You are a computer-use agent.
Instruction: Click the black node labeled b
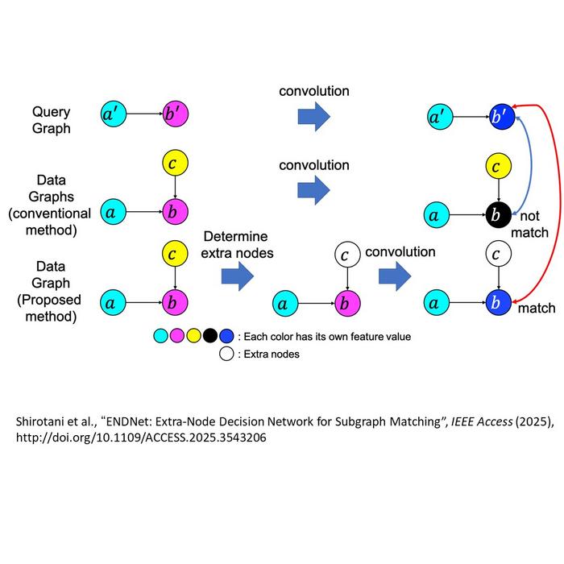[499, 215]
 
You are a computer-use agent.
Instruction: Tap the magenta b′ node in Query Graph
[175, 114]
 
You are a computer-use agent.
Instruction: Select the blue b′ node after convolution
[502, 117]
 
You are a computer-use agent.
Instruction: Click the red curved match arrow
[558, 201]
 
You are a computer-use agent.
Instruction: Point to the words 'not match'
[529, 224]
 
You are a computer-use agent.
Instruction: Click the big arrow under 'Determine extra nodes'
[238, 276]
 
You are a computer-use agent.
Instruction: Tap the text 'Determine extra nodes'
[237, 245]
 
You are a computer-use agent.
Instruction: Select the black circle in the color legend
[210, 336]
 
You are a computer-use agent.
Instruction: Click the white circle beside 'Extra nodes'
[226, 354]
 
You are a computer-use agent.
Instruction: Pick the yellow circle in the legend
[193, 336]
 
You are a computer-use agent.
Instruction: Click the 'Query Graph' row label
[51, 120]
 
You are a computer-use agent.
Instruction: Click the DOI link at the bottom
[141, 438]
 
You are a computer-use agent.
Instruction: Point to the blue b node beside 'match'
[499, 302]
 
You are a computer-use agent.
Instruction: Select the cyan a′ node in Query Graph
[114, 114]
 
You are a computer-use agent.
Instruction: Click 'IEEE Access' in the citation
[482, 421]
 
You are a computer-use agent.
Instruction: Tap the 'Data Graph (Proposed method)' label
[50, 292]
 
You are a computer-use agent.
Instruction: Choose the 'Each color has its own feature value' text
[327, 337]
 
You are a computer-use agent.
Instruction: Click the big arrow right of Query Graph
[314, 117]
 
